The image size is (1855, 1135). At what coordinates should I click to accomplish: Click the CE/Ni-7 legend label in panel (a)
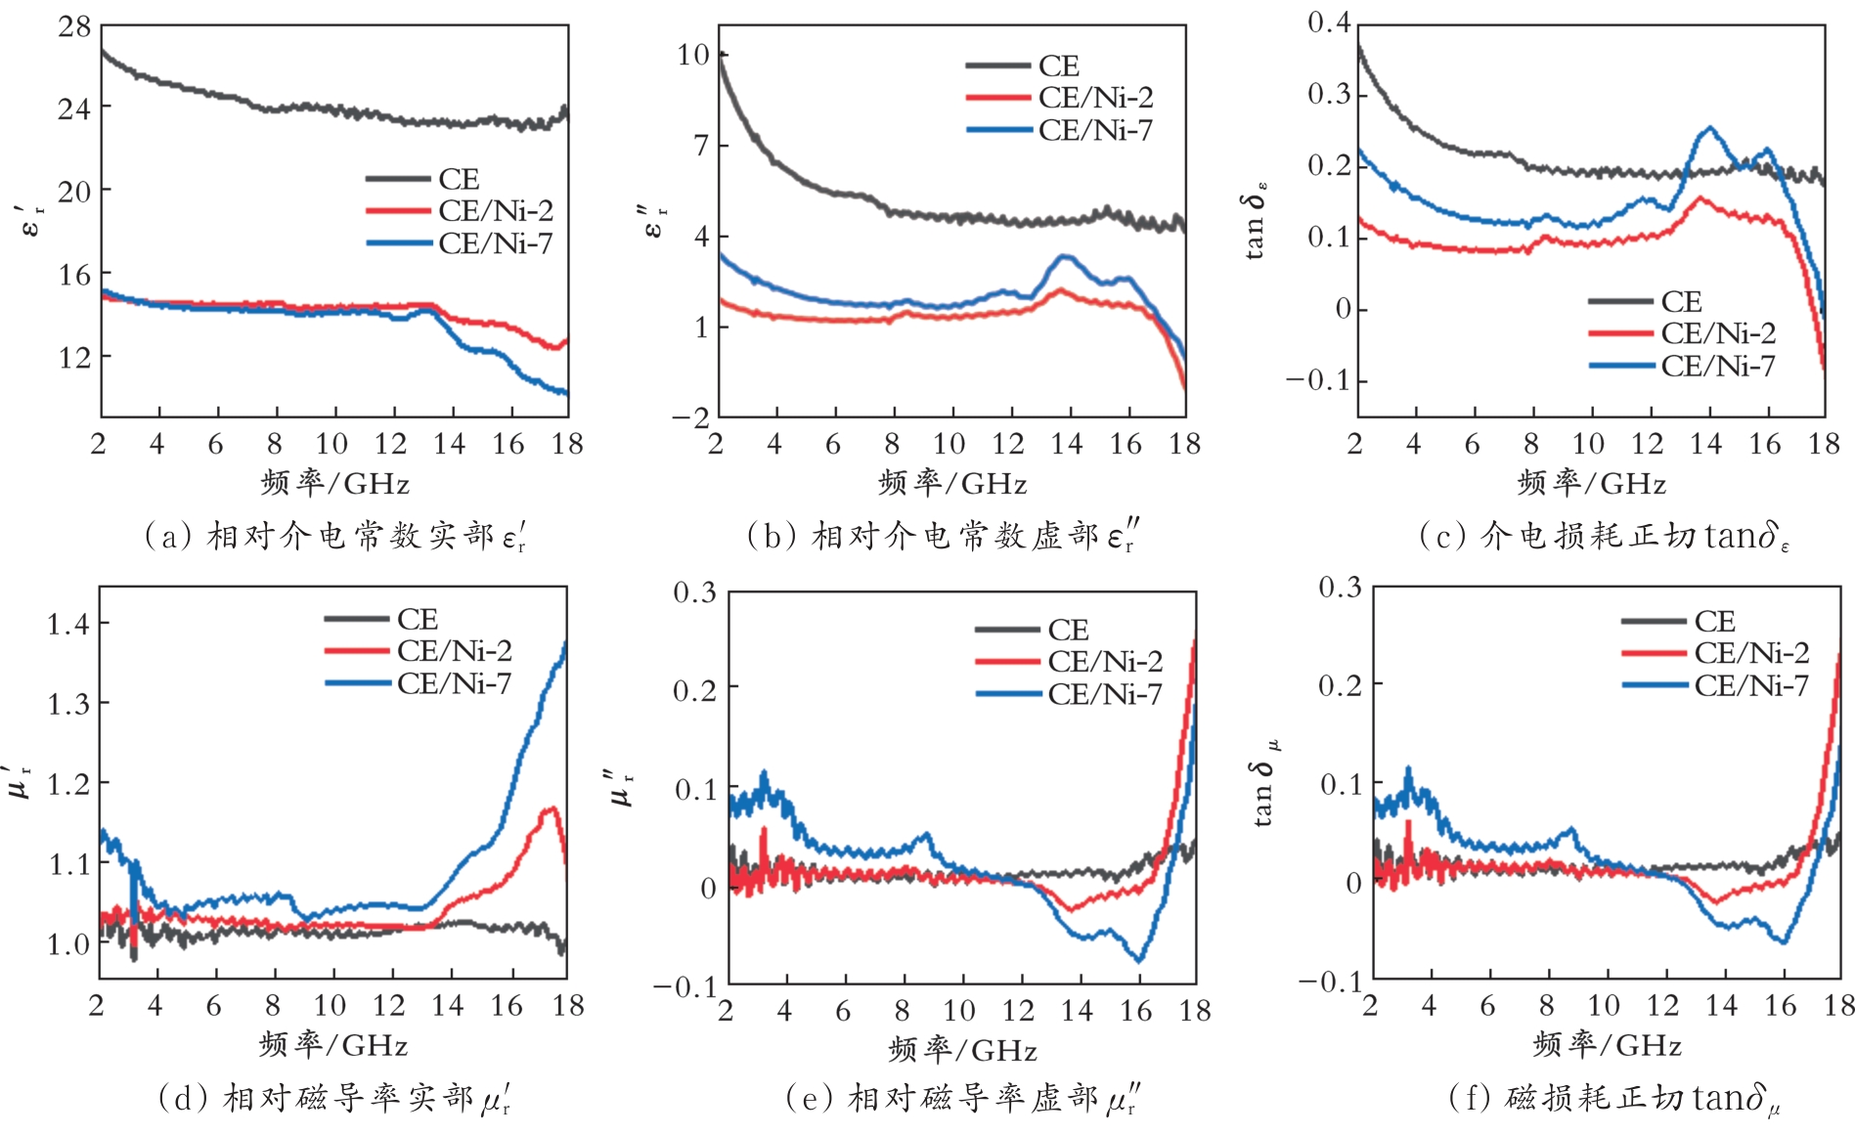click(x=495, y=242)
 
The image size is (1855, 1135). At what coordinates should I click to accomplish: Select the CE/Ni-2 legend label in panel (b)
click(x=1095, y=98)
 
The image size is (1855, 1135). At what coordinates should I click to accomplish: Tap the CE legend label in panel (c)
click(x=1681, y=301)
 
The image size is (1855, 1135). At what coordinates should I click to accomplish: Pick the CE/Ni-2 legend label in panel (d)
click(x=454, y=651)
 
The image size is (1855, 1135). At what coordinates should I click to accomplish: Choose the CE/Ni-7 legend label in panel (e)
click(x=1105, y=694)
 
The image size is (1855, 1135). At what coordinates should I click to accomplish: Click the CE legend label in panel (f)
click(x=1714, y=622)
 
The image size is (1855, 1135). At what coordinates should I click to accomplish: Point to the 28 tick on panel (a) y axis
click(x=74, y=27)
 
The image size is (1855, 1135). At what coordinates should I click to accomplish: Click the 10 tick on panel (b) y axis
click(x=693, y=55)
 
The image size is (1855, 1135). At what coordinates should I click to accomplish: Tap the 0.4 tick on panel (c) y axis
click(x=1329, y=22)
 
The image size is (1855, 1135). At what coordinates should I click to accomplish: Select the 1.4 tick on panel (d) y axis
click(x=68, y=623)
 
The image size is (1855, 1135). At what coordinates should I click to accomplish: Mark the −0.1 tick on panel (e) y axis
click(x=685, y=985)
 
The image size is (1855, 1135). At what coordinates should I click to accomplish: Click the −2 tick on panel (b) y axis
click(x=690, y=417)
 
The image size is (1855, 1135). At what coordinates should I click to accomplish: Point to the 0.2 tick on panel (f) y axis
click(x=1340, y=684)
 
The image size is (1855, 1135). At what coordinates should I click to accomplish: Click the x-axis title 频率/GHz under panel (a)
click(x=334, y=483)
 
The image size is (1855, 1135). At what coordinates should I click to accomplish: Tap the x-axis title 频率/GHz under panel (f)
click(x=1607, y=1045)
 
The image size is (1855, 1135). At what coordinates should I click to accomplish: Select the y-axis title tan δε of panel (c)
click(x=1257, y=219)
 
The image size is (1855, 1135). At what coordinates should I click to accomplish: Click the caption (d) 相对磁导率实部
click(x=333, y=1099)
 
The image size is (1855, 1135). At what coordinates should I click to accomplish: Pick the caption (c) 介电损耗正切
click(x=1604, y=536)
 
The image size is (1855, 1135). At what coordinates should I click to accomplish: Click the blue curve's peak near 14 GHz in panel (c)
click(x=1709, y=128)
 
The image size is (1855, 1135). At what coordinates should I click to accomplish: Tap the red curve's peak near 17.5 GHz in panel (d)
click(x=552, y=808)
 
